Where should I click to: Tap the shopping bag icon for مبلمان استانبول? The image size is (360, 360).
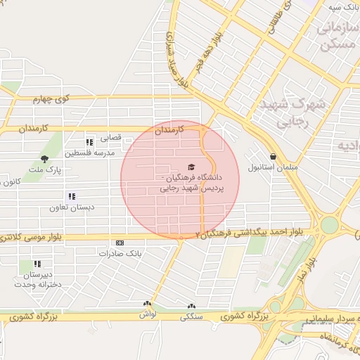273,156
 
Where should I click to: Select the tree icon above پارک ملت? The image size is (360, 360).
45,159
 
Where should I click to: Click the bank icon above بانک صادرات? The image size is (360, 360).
119,243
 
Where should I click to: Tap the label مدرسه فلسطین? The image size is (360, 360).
89,153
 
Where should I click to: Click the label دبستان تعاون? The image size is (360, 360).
71,207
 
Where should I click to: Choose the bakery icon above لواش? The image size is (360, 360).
147,304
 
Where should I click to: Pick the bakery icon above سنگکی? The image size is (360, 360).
192,306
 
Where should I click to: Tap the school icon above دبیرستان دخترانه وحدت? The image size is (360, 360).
37,264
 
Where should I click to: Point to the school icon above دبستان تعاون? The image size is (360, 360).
70,196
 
